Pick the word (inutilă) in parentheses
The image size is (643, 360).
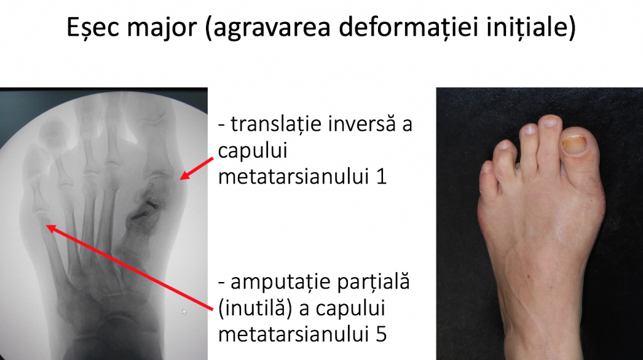pyautogui.click(x=255, y=308)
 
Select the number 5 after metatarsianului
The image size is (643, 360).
pyautogui.click(x=381, y=334)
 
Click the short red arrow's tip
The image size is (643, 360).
pyautogui.click(x=180, y=180)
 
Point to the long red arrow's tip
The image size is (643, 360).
pyautogui.click(x=46, y=226)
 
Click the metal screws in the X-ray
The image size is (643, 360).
pyautogui.click(x=144, y=210)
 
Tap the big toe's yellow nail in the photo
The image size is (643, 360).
pyautogui.click(x=574, y=145)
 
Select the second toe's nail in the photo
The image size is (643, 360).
pyautogui.click(x=549, y=121)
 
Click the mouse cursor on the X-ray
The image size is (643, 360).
pyautogui.click(x=184, y=312)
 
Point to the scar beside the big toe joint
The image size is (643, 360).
pyautogui.click(x=602, y=205)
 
